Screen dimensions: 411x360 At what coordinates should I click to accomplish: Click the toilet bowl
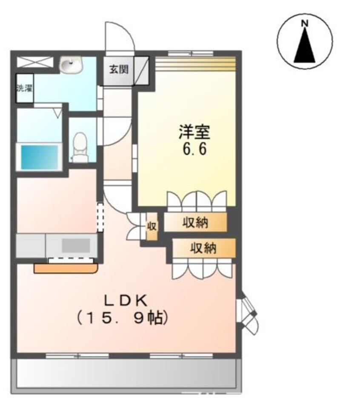click(x=79, y=145)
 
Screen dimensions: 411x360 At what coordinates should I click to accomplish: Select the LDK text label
click(x=126, y=301)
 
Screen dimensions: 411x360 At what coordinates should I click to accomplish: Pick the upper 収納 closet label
click(x=195, y=223)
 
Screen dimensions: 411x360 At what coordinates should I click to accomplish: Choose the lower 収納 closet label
click(x=203, y=248)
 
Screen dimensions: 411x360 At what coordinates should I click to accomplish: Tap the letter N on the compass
click(x=305, y=24)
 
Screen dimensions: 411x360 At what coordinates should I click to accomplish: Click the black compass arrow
click(x=305, y=46)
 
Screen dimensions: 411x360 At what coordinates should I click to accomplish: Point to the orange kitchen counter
click(x=66, y=268)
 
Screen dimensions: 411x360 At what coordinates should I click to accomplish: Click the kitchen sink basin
click(x=76, y=246)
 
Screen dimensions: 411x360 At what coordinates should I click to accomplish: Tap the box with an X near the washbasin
click(x=35, y=62)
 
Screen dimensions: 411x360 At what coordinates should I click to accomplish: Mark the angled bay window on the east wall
click(x=247, y=312)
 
